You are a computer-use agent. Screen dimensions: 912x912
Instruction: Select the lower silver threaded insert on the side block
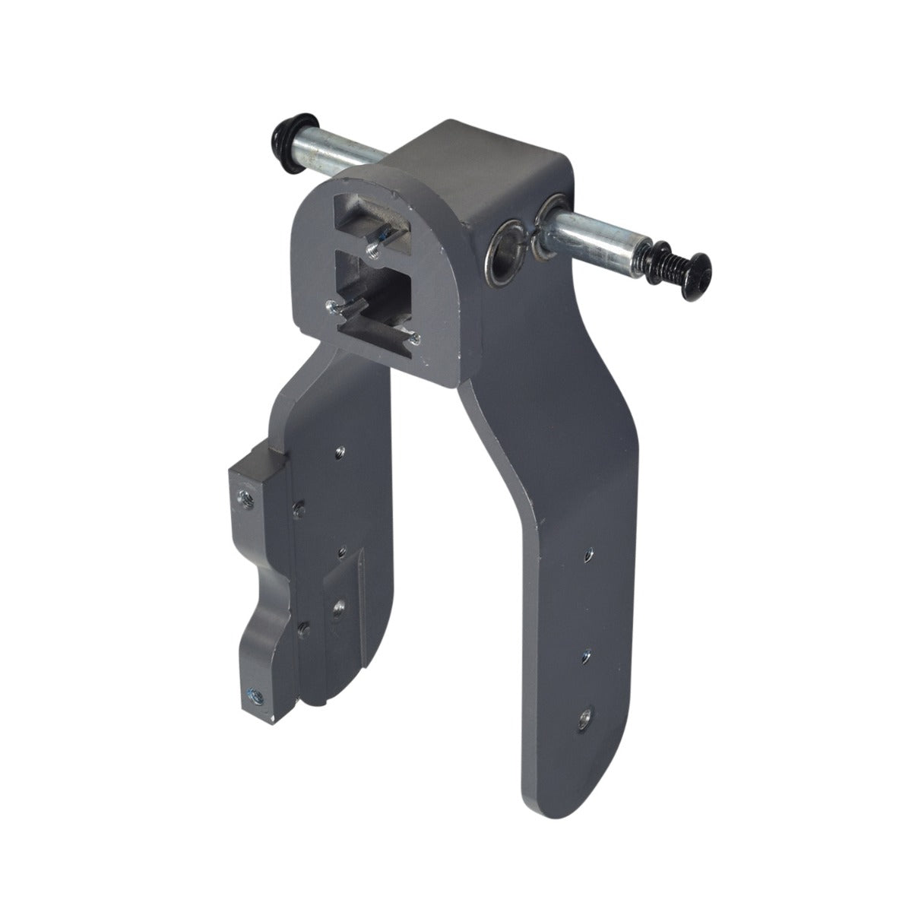point(252,694)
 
